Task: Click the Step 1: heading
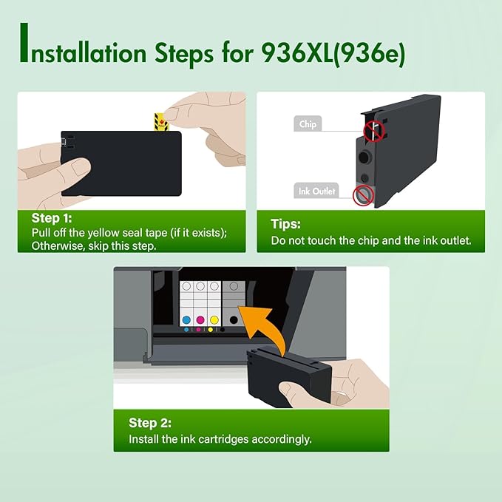(x=52, y=218)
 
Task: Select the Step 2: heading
(x=150, y=423)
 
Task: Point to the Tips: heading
(x=285, y=224)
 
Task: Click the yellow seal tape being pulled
(x=158, y=119)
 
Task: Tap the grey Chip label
(x=308, y=124)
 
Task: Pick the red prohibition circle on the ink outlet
(x=362, y=195)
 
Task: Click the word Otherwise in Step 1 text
(x=58, y=245)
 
